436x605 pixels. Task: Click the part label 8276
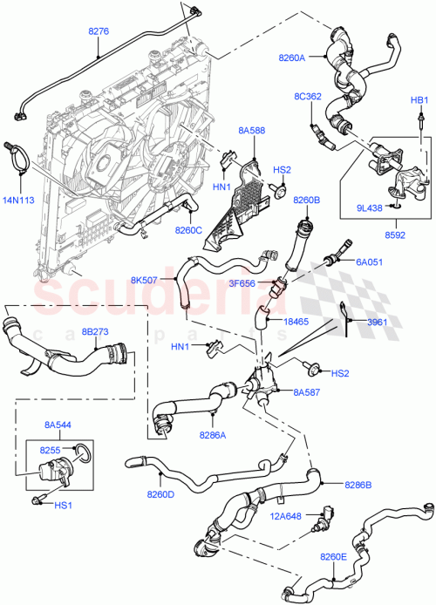pyautogui.click(x=99, y=32)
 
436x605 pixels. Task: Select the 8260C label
pyautogui.click(x=187, y=230)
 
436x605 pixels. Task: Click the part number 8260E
pyautogui.click(x=334, y=555)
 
